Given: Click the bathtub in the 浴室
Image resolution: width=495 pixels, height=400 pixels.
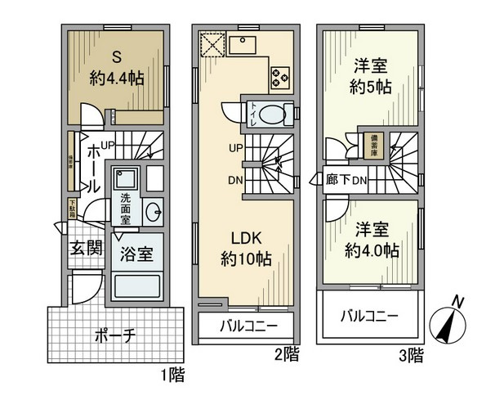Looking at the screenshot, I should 136,286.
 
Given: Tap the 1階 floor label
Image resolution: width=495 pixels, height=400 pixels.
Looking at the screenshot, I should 172,376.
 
